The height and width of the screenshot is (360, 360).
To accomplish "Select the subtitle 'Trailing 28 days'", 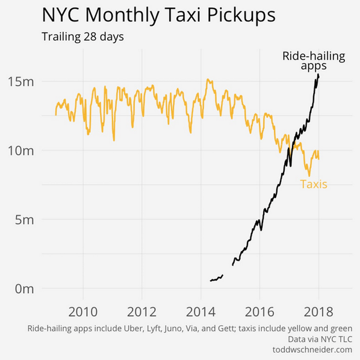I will (x=82, y=37).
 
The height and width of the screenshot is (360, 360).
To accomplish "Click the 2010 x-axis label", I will (x=82, y=312).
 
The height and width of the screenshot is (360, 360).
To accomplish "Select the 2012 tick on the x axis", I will (x=141, y=312).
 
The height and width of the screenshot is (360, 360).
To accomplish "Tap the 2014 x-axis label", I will (x=200, y=312).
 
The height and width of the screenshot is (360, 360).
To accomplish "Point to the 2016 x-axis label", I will (x=259, y=312).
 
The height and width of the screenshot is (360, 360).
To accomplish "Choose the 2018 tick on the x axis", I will (x=318, y=312).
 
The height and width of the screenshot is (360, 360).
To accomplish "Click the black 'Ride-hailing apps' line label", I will (x=314, y=61).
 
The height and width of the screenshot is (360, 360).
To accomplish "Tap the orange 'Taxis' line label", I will (x=314, y=184).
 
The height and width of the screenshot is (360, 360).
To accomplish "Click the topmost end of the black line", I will (x=318, y=75).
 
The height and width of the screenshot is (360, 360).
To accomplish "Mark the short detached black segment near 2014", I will (x=216, y=279).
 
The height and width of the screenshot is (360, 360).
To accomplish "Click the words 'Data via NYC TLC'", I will (x=320, y=340).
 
